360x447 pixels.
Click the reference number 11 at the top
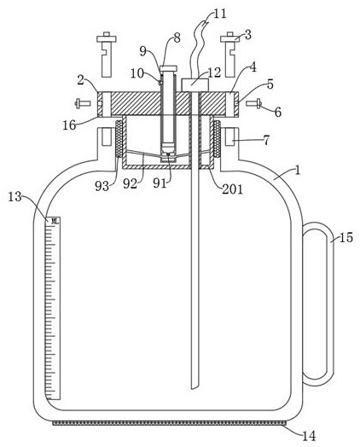click(220, 14)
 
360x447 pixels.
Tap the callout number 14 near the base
click(309, 436)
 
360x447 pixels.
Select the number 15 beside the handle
click(346, 237)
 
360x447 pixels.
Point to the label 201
click(232, 189)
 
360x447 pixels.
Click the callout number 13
click(15, 196)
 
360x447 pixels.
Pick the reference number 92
click(130, 184)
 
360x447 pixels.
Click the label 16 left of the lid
click(69, 125)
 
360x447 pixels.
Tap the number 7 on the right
click(266, 140)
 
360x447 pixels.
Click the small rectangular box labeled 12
click(195, 84)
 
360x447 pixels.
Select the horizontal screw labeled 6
click(253, 103)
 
